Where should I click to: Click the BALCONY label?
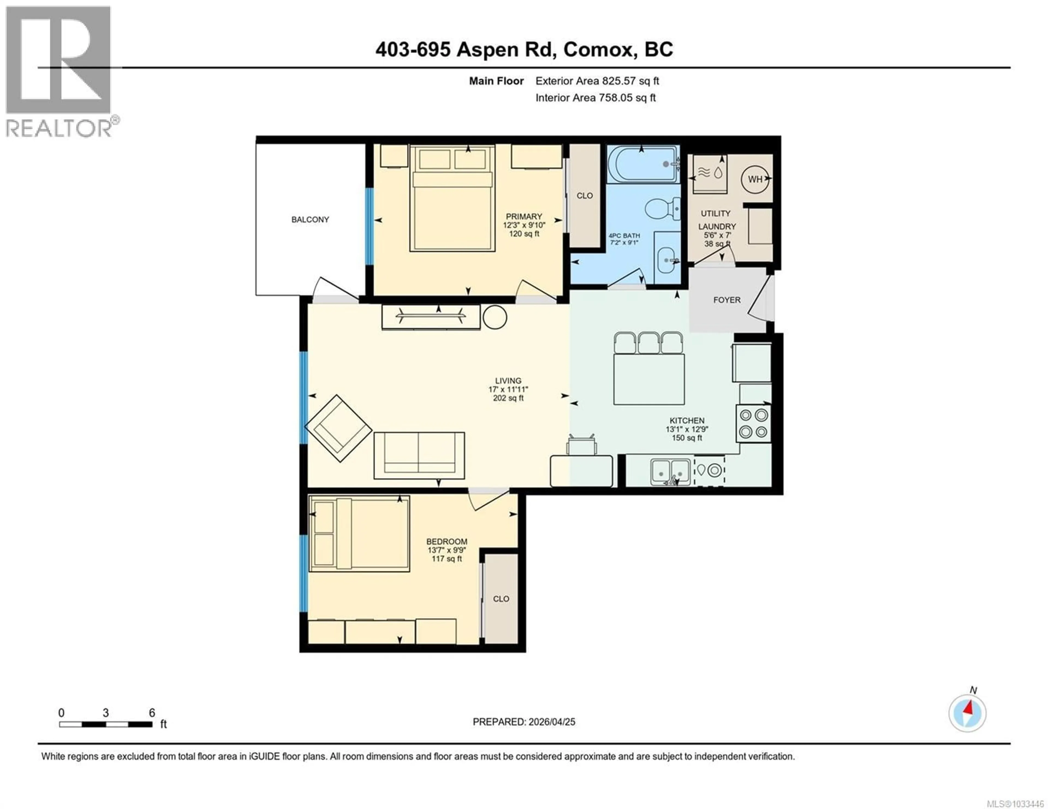point(310,220)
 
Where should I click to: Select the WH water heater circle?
point(755,179)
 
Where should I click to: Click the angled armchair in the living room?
point(338,428)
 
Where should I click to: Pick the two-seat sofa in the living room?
point(419,455)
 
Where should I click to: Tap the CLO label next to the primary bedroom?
point(585,196)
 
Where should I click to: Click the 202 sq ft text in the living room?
point(508,398)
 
